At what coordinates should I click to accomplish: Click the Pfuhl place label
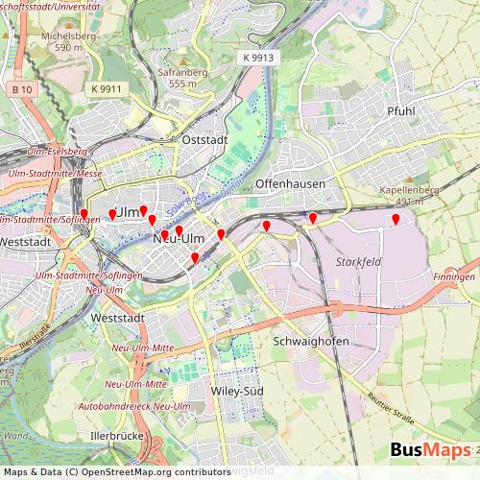(x=400, y=111)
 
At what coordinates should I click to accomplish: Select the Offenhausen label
(x=290, y=182)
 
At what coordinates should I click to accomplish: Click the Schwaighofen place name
(x=312, y=341)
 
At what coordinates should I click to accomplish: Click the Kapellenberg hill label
(x=409, y=190)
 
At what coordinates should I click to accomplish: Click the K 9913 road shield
(x=258, y=58)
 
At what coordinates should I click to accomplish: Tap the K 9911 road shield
(x=108, y=88)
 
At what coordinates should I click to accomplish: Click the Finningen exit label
(x=454, y=276)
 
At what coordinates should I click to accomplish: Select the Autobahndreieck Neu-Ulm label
(x=134, y=407)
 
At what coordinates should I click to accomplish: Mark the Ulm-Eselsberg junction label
(x=64, y=152)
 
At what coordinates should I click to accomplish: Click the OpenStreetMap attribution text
(x=115, y=471)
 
